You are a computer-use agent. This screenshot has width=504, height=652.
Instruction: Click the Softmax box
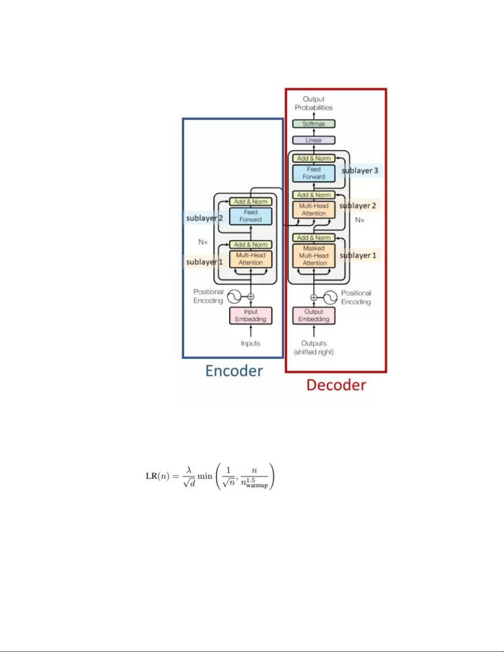pos(314,124)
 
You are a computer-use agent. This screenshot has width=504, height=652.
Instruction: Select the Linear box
pos(314,140)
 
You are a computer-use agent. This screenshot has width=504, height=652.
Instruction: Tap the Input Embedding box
pos(251,316)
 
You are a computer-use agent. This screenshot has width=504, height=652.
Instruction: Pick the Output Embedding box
pos(314,316)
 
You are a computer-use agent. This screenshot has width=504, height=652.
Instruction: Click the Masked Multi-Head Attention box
pos(314,255)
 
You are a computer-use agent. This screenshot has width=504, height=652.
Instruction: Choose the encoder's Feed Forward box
pos(251,216)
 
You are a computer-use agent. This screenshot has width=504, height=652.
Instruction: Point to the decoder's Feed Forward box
pos(314,173)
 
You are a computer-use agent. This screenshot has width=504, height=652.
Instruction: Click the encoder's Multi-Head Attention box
pos(251,259)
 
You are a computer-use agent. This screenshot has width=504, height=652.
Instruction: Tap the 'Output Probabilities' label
pos(314,103)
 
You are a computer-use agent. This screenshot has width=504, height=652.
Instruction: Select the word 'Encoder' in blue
pos(234,371)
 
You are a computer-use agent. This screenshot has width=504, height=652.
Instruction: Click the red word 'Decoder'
pos(336,385)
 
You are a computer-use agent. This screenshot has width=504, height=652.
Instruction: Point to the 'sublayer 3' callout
pos(360,170)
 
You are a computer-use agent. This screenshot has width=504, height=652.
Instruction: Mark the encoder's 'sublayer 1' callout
pos(204,262)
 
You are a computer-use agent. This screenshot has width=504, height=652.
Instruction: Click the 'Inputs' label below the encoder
pos(251,343)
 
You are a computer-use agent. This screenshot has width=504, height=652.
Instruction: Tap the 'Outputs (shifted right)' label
pos(314,348)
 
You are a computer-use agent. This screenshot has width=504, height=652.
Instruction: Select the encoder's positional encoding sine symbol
pos(235,297)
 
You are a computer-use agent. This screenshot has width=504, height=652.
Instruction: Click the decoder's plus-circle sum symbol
pos(314,297)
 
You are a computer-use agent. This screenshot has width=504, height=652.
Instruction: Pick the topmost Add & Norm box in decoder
pos(314,158)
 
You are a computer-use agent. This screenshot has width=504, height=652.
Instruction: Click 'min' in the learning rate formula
pos(204,476)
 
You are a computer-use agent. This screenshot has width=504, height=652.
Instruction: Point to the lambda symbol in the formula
pos(189,470)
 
